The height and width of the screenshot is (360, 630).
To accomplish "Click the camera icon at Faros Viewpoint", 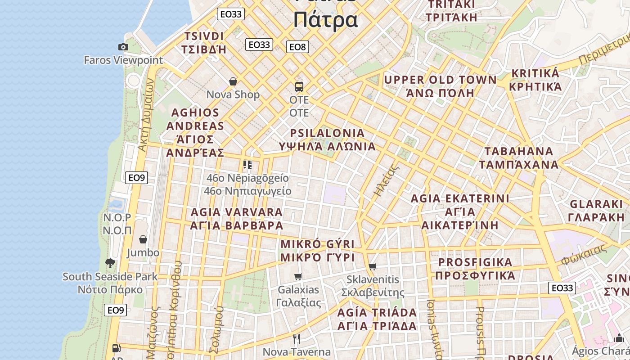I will [123, 47].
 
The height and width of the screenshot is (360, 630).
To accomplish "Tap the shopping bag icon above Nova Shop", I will [233, 81].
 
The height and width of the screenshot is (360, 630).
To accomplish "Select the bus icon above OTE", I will [299, 86].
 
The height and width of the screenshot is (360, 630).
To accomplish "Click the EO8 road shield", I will [297, 47].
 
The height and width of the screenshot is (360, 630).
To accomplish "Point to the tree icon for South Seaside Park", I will [110, 263].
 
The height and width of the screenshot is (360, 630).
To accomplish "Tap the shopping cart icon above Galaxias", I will [298, 276].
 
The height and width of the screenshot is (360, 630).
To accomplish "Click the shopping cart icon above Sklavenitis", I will [372, 266].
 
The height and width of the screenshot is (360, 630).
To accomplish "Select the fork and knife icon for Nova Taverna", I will [296, 338].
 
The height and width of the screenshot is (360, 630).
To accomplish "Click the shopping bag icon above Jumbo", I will [143, 239].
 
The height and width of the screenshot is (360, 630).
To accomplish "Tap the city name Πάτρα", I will [325, 20].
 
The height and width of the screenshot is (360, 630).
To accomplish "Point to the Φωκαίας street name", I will [584, 255].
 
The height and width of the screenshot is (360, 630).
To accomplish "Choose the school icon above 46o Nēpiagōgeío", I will [247, 165].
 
